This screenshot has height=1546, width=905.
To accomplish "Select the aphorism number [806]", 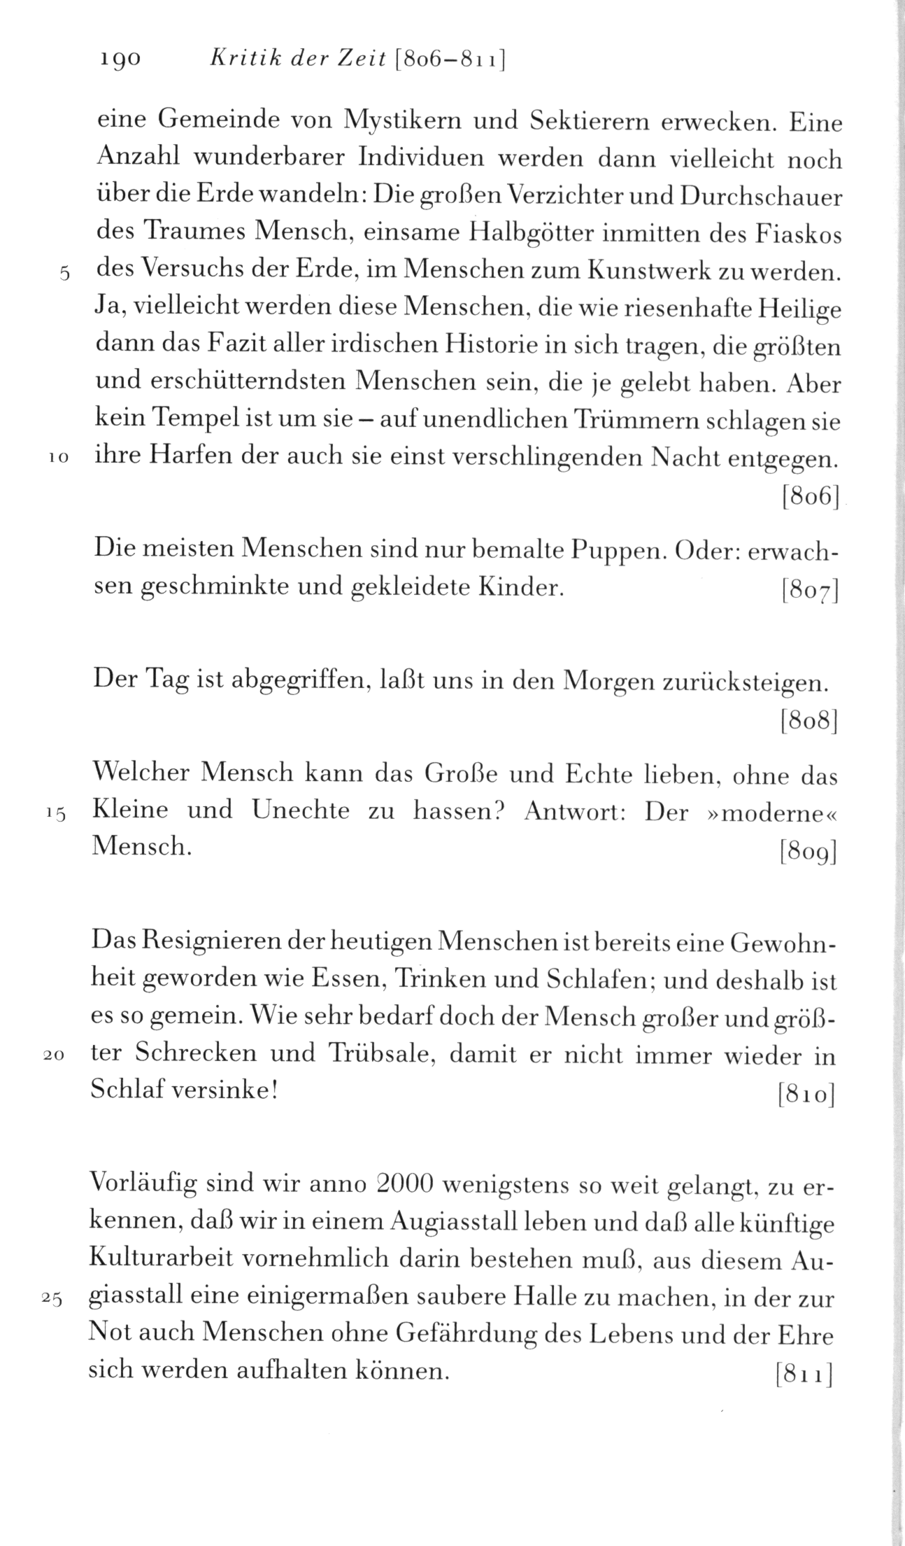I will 809,497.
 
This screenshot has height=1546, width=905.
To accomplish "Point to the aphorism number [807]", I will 809,592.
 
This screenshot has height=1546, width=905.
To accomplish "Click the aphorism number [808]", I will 809,721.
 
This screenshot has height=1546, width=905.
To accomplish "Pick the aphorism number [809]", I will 808,852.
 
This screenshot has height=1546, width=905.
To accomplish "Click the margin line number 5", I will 62,274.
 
